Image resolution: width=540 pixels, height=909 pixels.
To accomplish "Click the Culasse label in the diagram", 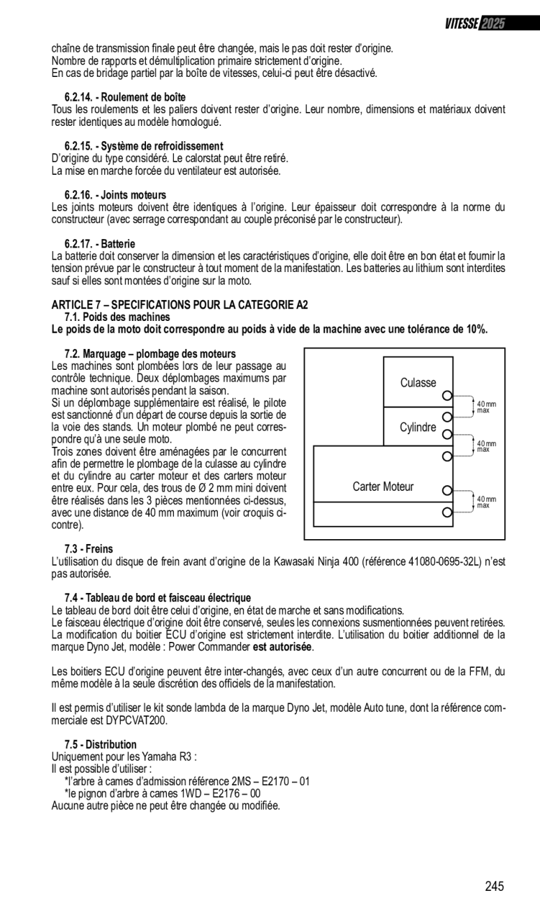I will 418,382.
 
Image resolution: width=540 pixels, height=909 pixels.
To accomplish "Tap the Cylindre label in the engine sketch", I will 418,427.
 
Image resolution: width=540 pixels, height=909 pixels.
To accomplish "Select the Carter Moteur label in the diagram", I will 383,487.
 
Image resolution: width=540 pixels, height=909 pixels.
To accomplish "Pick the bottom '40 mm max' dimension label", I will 486,502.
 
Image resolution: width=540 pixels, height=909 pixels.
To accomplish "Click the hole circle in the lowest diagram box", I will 447,513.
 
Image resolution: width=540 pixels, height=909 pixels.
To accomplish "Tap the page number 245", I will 494,887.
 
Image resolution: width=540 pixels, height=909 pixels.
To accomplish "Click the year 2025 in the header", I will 493,24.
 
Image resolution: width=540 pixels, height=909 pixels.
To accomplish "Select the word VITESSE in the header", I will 462,24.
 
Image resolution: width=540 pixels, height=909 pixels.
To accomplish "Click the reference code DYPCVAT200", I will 133,720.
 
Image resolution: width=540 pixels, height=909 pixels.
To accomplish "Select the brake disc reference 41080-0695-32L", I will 426,561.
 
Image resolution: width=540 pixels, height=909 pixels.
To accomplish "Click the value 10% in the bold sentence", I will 476,329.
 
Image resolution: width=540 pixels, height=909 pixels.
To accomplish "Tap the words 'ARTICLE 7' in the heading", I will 74,305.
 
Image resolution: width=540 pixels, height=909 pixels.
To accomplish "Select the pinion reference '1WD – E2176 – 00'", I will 218,793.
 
